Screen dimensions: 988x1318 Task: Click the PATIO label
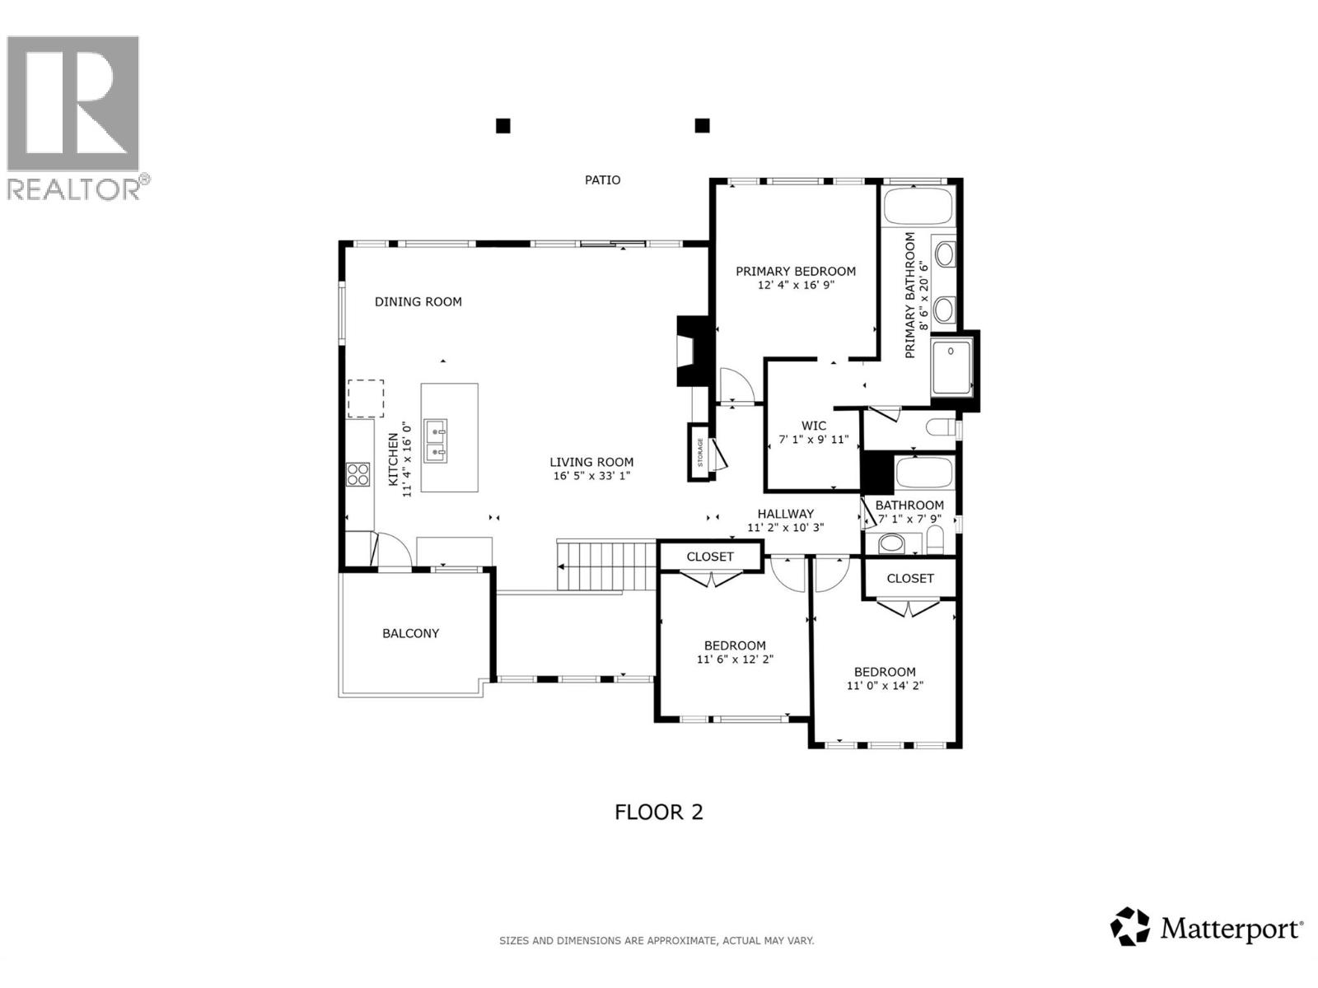click(602, 179)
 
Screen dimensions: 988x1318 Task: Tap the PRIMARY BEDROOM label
click(795, 271)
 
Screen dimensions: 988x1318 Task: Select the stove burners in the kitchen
click(358, 474)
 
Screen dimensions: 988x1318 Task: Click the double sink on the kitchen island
click(435, 440)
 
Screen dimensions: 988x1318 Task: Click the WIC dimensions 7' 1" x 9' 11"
click(813, 440)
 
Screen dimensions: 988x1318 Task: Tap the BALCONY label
click(410, 633)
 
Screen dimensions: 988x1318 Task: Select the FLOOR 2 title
click(658, 812)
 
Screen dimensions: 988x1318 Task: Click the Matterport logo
click(1206, 928)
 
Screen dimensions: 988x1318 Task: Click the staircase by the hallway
click(606, 566)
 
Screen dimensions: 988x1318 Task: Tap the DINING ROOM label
click(418, 301)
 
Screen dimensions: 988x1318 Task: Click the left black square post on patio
click(502, 126)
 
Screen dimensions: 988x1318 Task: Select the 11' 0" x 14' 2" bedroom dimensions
click(885, 686)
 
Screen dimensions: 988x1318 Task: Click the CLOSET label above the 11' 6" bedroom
click(709, 557)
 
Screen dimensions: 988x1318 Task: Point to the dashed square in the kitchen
click(365, 398)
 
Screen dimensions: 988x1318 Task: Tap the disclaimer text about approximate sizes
click(656, 940)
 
